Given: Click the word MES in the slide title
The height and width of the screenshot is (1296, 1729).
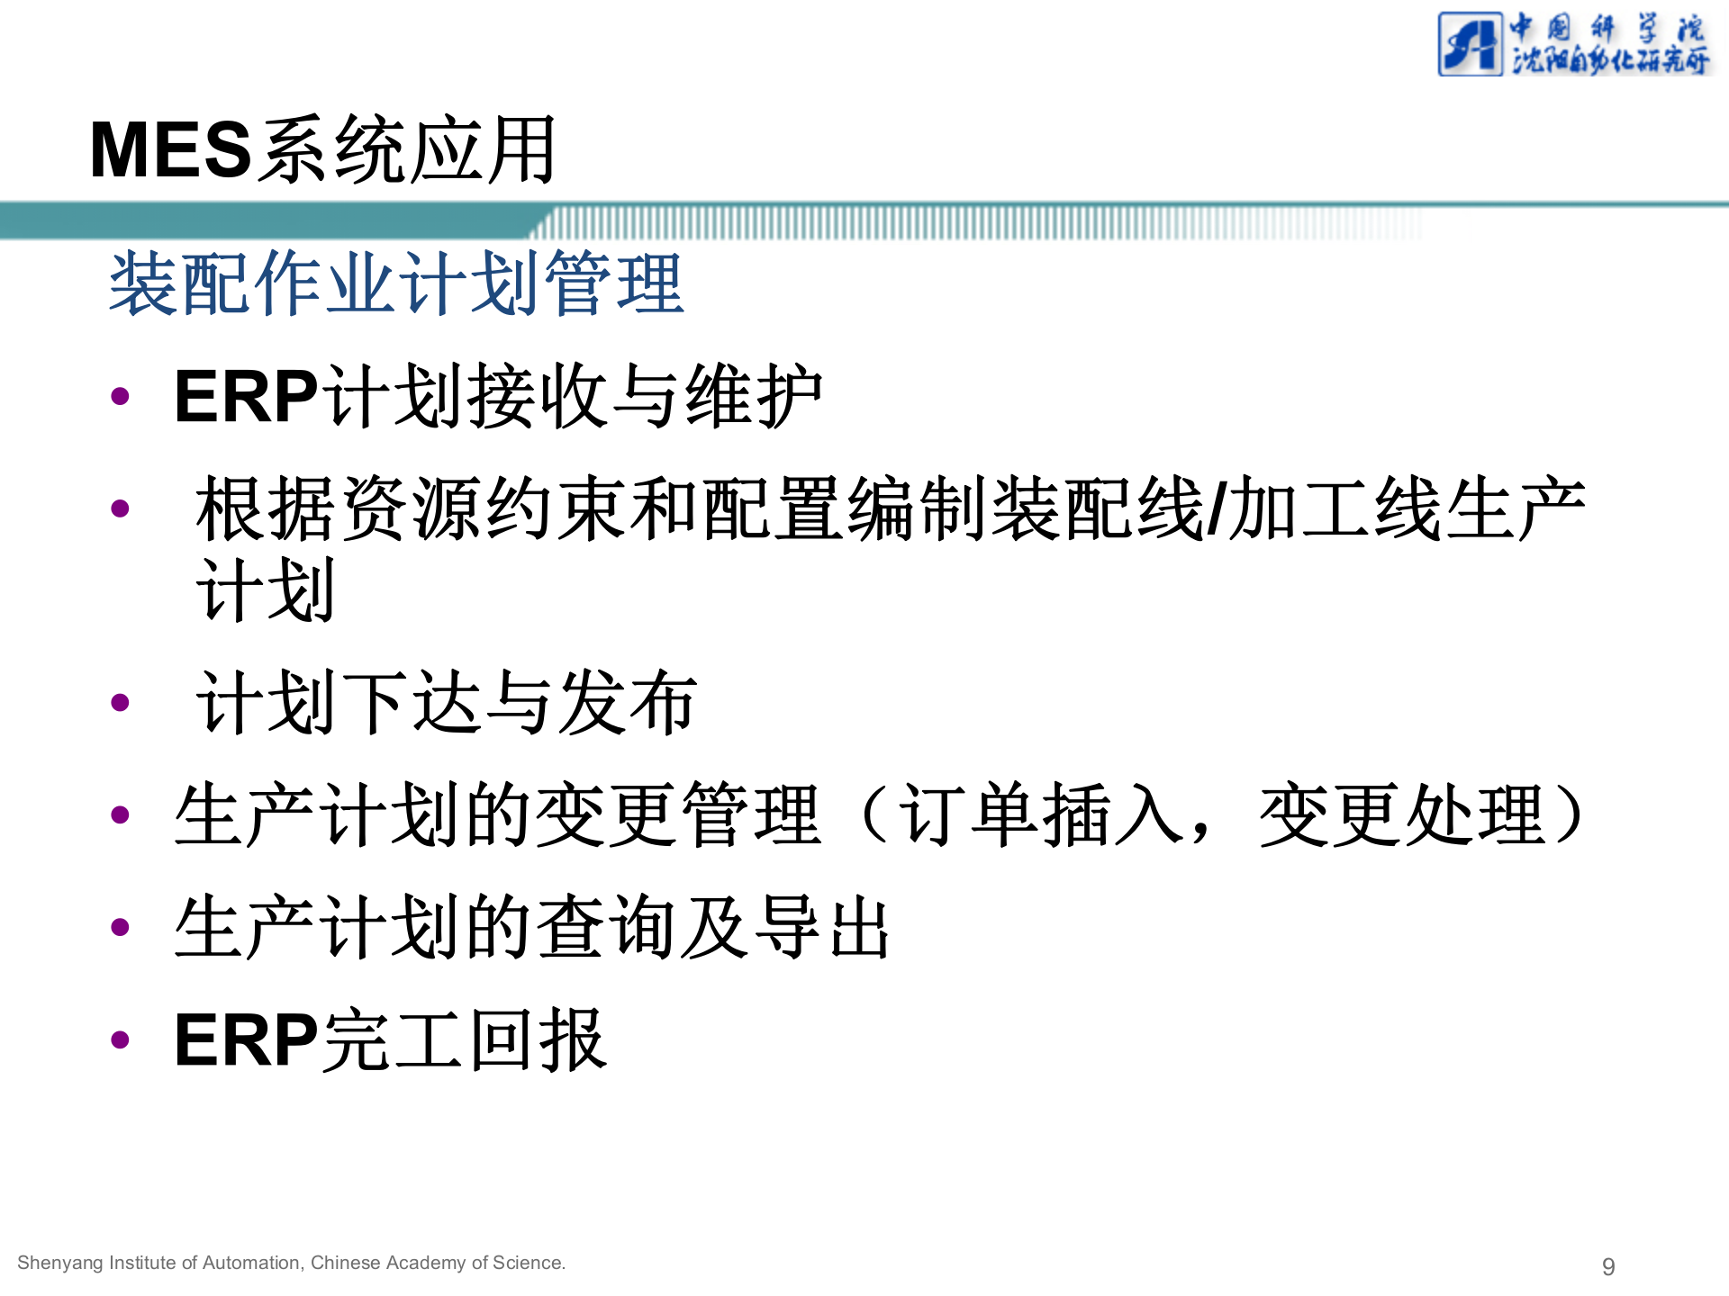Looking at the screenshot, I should (x=170, y=150).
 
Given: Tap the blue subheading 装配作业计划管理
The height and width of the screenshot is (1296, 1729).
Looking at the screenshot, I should (x=396, y=284).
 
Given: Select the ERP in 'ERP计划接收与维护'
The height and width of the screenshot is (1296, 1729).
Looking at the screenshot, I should (x=246, y=397).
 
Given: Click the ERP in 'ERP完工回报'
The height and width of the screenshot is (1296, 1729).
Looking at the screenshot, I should (x=246, y=1040).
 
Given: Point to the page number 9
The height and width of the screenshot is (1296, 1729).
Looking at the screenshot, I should (x=1608, y=1266).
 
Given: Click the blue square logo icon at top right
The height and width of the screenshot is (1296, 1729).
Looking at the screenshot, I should (x=1470, y=44).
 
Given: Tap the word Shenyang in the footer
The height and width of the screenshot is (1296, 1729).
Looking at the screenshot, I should (x=60, y=1263).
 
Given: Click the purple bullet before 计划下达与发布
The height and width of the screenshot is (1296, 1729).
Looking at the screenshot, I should (x=120, y=703).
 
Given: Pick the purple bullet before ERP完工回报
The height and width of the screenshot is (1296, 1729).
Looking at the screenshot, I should (x=120, y=1040).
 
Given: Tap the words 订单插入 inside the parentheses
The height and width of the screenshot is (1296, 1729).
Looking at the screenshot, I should (x=1041, y=815).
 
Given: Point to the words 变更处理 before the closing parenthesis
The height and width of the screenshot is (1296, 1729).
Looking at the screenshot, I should (x=1402, y=815).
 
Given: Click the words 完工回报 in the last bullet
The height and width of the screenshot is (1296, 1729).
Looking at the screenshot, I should (x=465, y=1040).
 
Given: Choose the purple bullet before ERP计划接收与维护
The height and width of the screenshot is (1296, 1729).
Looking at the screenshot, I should (x=120, y=397).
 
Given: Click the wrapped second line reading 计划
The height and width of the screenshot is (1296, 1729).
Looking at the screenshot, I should (x=266, y=590).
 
